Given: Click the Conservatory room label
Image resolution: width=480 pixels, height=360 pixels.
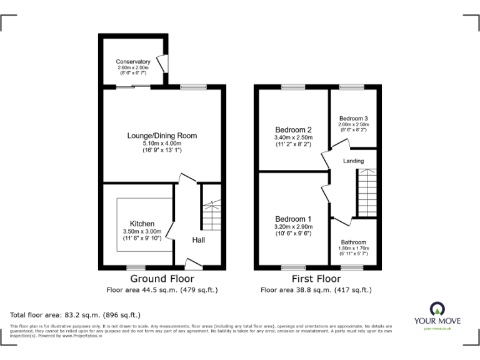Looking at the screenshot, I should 132,62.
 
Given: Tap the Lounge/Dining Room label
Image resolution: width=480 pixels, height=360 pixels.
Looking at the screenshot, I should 162,136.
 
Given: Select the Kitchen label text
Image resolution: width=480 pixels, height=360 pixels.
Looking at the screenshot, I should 142,224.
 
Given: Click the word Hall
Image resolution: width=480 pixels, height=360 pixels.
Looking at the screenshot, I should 198,240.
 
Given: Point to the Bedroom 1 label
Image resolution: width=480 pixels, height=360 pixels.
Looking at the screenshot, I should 293,219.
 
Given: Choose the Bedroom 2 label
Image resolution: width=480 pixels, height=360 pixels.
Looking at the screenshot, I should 293,130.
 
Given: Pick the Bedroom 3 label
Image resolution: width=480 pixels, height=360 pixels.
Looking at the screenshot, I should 353,119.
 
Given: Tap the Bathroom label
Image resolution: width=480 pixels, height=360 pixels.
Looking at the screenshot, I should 354,242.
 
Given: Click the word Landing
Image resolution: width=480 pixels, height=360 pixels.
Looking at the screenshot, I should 353,161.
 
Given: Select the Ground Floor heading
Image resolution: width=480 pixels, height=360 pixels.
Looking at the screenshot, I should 162,279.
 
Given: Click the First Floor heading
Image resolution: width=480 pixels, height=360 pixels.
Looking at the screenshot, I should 316,279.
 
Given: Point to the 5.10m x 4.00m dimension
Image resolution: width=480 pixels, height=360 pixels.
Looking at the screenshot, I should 162,144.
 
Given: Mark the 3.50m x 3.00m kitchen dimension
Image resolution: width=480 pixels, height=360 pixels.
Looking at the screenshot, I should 142,231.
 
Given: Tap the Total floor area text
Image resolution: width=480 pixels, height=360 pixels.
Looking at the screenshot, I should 76,314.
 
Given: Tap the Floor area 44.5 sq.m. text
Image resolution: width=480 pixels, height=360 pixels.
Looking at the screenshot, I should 162,290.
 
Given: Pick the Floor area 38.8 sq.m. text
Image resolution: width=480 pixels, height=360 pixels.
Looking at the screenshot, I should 316,290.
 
